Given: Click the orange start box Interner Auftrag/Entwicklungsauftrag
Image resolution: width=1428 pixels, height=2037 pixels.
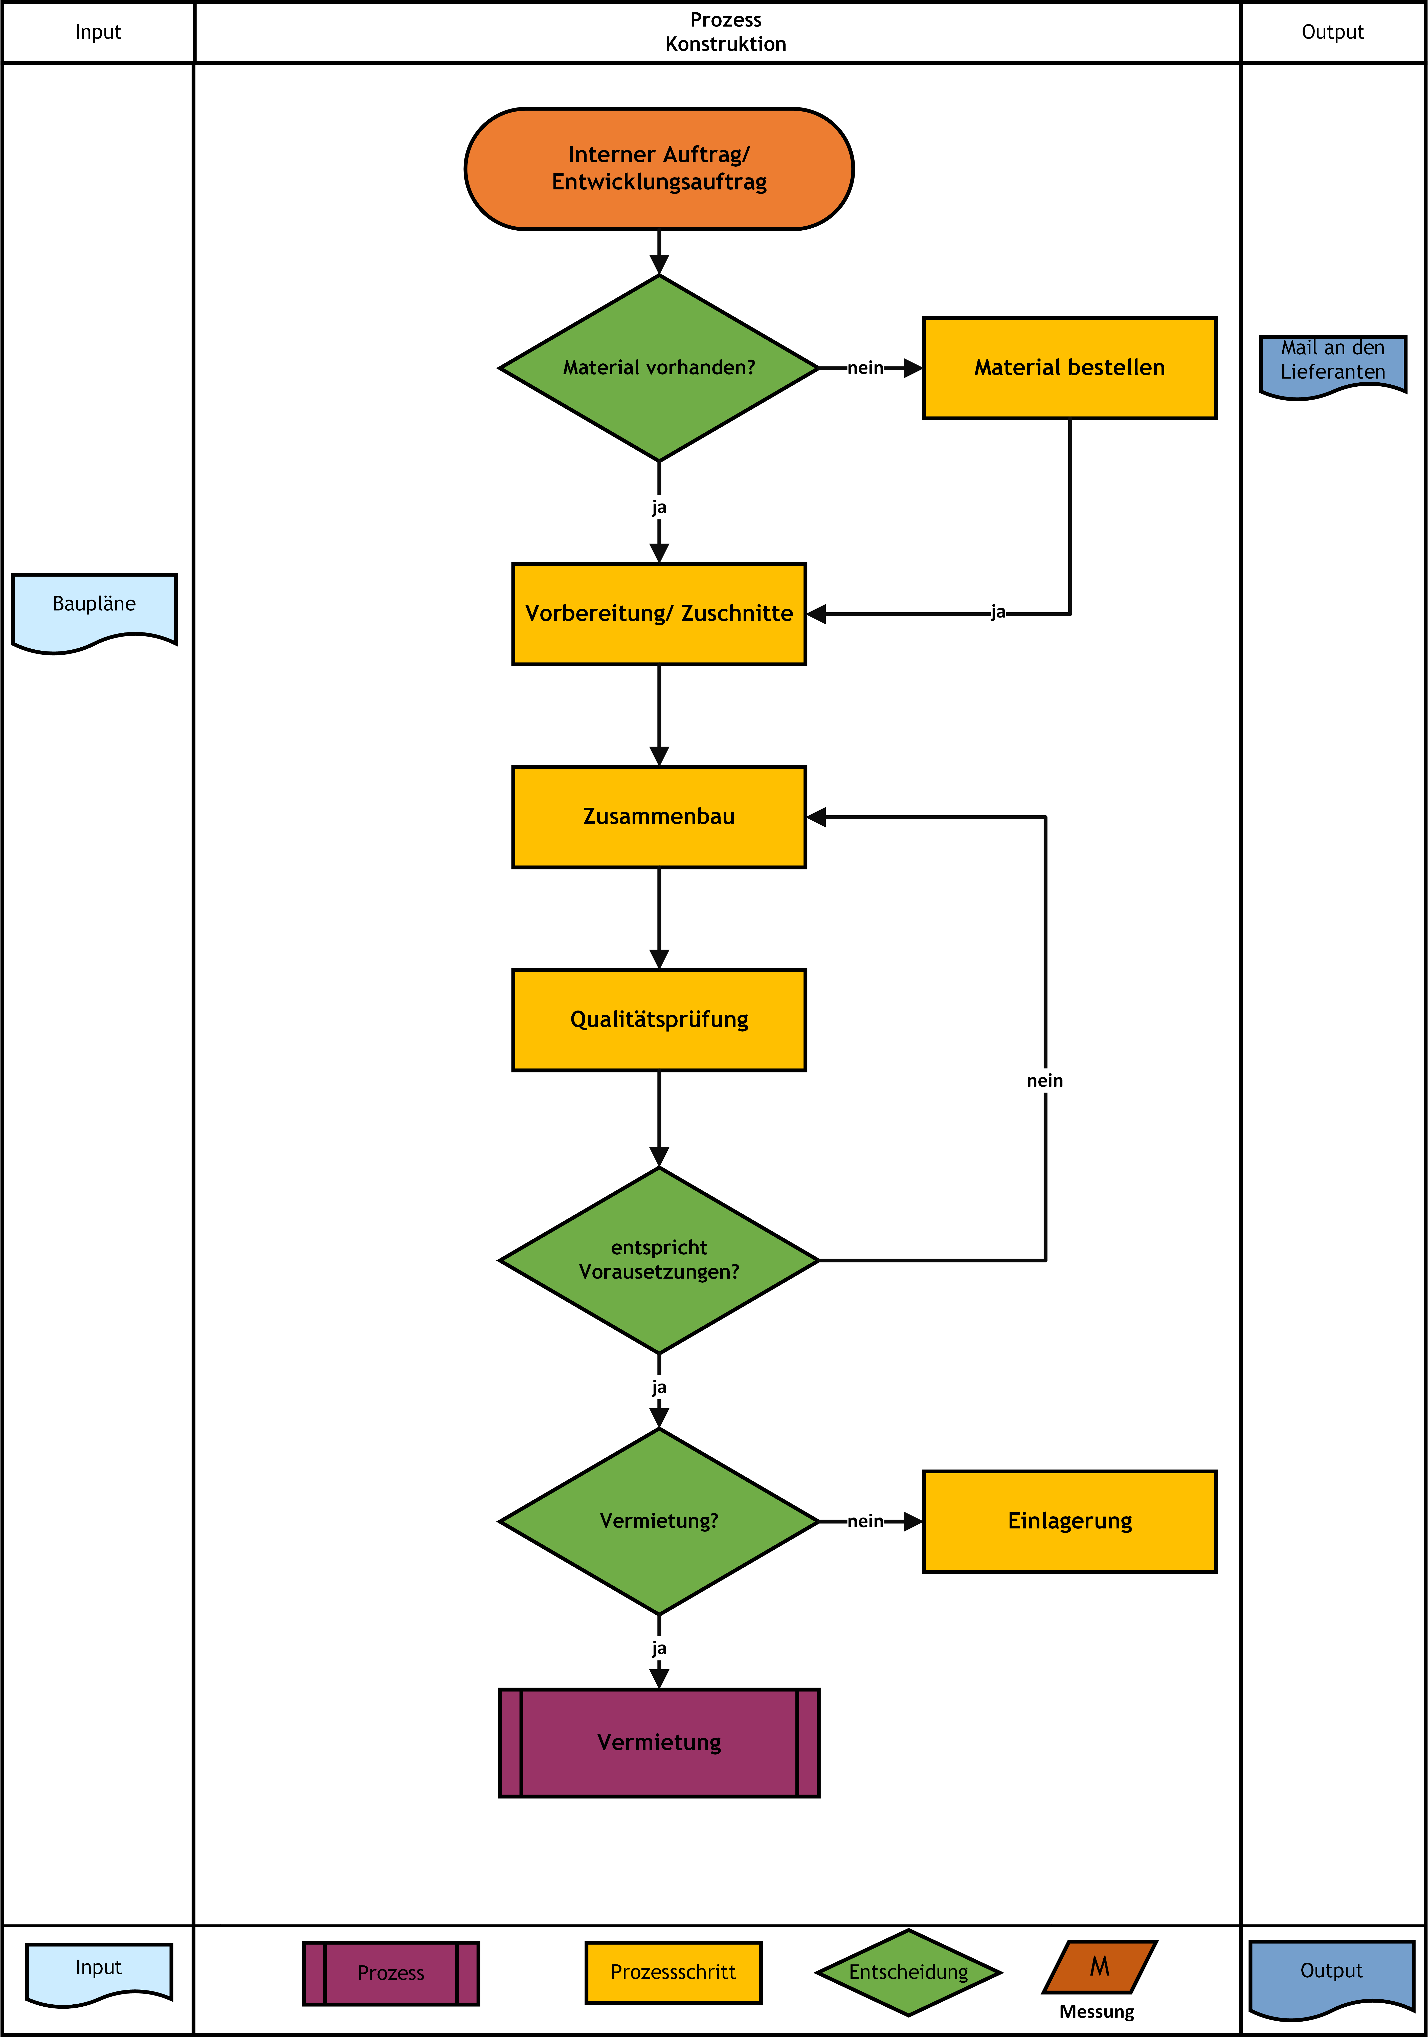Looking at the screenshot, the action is tap(659, 169).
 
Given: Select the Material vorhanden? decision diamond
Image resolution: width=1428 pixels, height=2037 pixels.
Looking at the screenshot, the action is tap(659, 367).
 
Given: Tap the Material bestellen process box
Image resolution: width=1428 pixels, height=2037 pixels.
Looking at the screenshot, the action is tap(1070, 367).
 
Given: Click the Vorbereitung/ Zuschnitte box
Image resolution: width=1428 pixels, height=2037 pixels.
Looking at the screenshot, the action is tap(659, 613).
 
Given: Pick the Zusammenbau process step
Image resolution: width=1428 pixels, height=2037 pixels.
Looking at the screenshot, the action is tap(659, 816).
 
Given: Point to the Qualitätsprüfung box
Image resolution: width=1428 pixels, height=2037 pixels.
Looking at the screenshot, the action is tap(659, 1019).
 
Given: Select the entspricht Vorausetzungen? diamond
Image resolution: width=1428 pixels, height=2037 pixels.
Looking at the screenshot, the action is tap(659, 1260).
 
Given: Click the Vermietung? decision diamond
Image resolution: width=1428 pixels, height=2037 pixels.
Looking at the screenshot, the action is tap(659, 1521).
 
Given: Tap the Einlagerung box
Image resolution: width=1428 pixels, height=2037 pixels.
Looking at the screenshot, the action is tap(1070, 1521).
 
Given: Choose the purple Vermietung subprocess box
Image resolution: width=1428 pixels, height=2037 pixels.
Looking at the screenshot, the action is tap(659, 1742).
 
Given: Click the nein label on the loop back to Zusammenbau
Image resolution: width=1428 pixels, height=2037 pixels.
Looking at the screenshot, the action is tap(1045, 1081).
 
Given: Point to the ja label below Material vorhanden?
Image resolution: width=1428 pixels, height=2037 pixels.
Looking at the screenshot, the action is tap(659, 508).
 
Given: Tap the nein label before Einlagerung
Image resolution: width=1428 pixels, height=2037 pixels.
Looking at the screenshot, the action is tap(866, 1521).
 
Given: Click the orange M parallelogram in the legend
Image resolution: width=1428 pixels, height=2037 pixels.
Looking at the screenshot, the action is tap(1100, 1967).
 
